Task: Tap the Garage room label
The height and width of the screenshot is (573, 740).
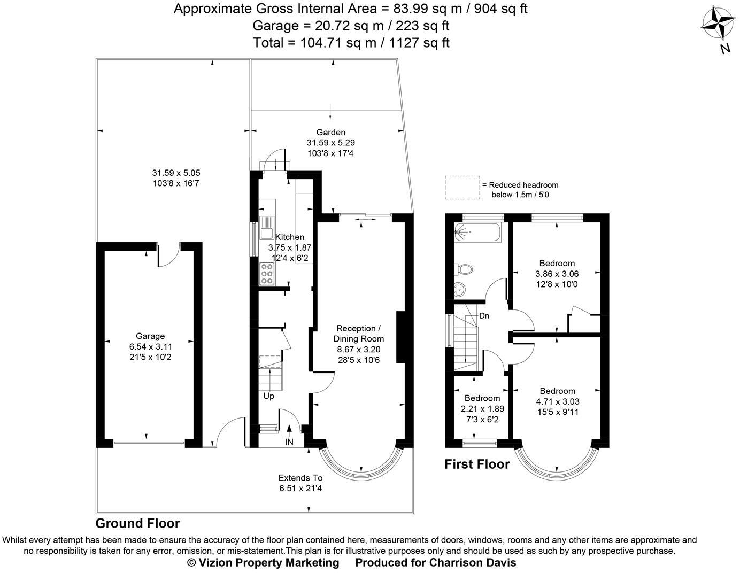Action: (150, 336)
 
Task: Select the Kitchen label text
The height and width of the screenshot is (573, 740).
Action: (289, 237)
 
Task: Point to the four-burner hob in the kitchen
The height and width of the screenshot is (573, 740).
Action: (267, 274)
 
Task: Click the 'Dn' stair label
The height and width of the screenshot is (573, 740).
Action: (484, 316)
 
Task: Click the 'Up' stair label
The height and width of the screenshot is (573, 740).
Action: (268, 396)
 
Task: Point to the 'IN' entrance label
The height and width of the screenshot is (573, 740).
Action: (289, 442)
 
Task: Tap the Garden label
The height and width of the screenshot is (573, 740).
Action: (330, 132)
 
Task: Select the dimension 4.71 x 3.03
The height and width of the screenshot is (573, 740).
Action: (557, 401)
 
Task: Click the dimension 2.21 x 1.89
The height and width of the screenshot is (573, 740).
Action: (482, 409)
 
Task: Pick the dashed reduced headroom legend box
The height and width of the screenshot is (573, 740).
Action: (461, 188)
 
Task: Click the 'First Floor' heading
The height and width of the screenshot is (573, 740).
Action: (477, 464)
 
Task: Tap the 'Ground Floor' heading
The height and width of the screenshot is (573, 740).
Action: (137, 523)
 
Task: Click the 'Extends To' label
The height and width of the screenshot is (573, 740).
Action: (300, 478)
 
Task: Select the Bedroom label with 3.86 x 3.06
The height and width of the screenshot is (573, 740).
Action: (557, 263)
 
